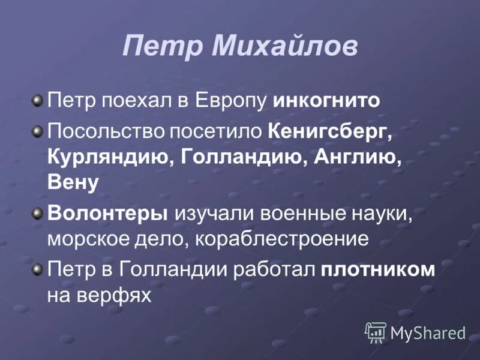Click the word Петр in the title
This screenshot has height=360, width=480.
[157, 47]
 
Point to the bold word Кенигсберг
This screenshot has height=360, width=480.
[331, 131]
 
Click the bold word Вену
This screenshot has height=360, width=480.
[73, 184]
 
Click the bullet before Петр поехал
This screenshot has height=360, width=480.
[38, 99]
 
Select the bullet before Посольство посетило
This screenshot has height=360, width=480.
[38, 130]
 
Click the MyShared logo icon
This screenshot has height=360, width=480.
[376, 332]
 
